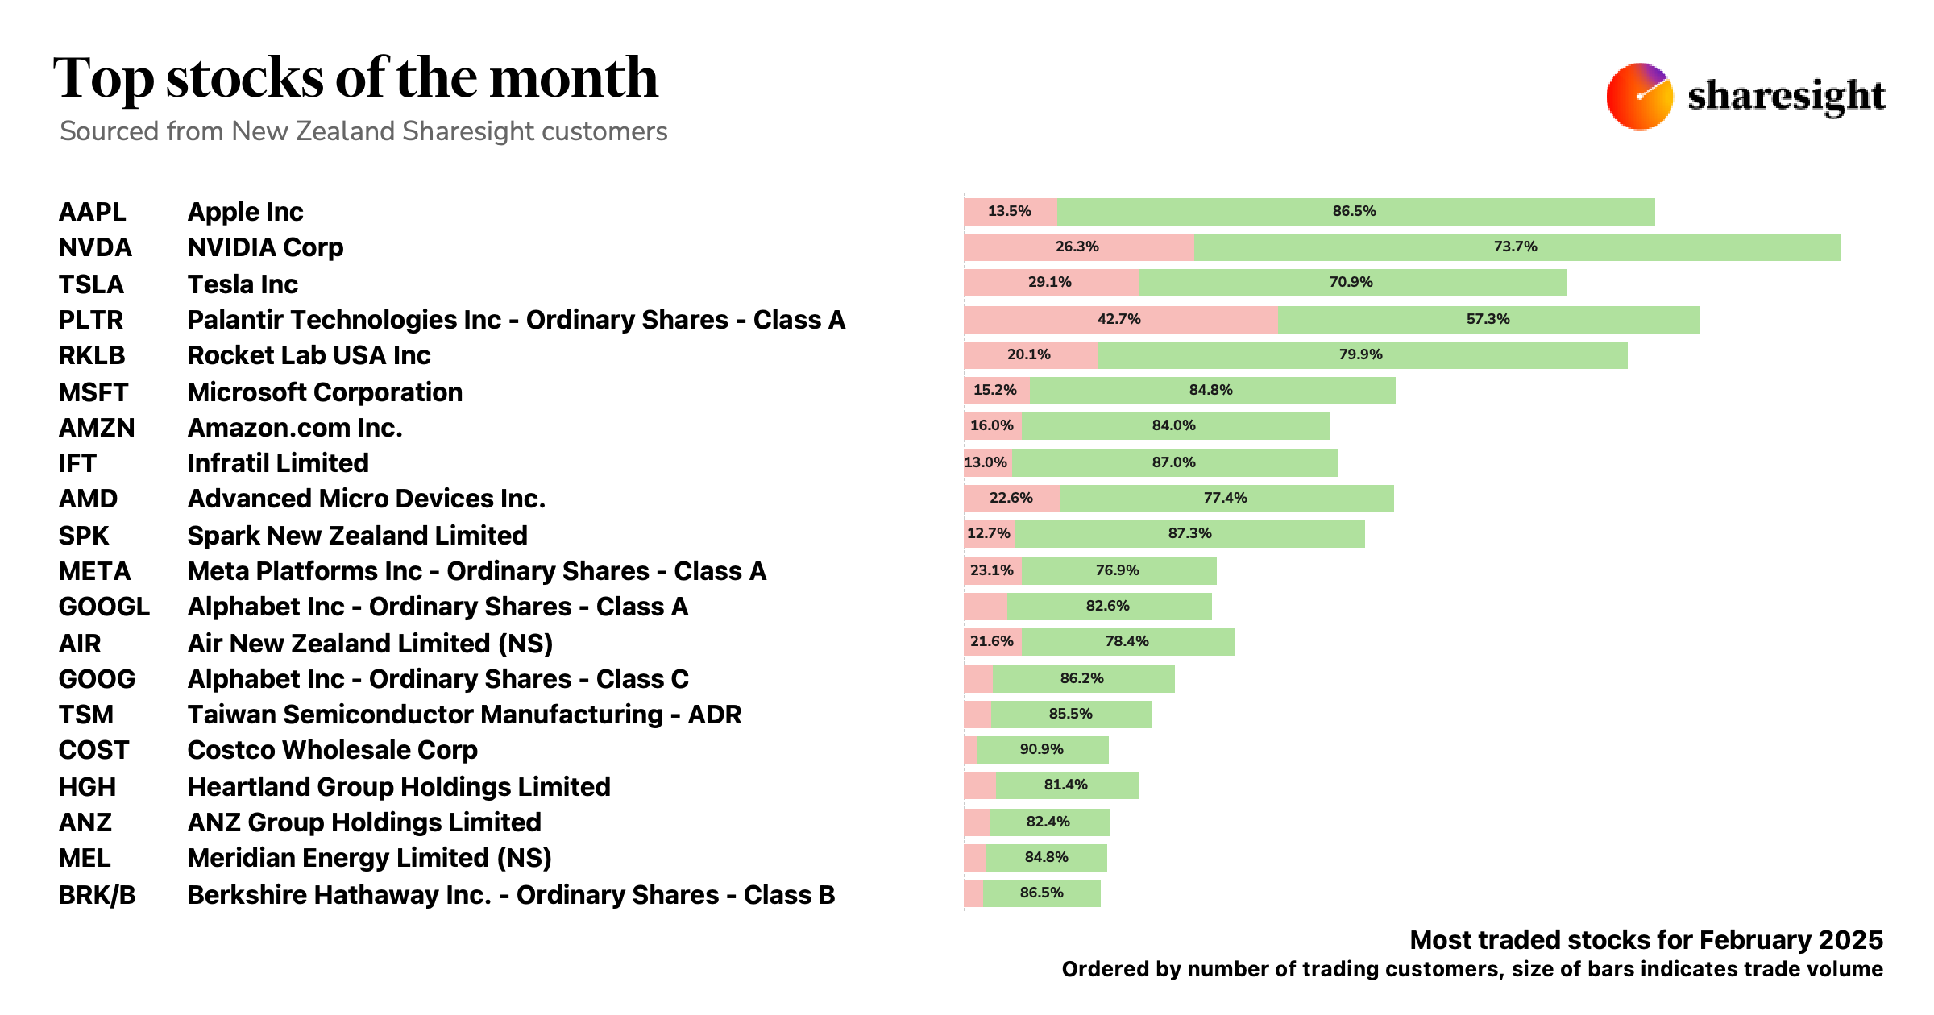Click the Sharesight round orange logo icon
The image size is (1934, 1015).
[x=1639, y=97]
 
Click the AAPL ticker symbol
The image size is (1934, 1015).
[x=92, y=212]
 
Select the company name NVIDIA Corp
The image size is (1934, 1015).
[x=265, y=247]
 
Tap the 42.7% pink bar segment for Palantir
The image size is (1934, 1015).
[x=1119, y=319]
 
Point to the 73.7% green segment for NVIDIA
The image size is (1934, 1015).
[x=1516, y=246]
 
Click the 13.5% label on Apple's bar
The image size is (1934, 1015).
[x=1009, y=211]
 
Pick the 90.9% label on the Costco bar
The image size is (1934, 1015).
[x=1041, y=749]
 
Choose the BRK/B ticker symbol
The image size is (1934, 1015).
[x=97, y=895]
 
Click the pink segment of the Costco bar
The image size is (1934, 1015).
[x=970, y=749]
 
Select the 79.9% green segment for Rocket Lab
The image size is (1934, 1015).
[x=1361, y=354]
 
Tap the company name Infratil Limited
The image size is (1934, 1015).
[x=278, y=463]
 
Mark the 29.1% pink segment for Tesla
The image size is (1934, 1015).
[x=1050, y=282]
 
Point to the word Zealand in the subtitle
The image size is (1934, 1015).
[x=348, y=131]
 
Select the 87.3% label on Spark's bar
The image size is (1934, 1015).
[x=1189, y=533]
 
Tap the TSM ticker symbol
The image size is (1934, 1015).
[x=85, y=715]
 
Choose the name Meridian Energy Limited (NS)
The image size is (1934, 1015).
[x=369, y=858]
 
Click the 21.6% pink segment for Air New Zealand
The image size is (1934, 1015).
[x=992, y=641]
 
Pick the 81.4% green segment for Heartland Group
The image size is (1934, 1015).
[x=1066, y=785]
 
